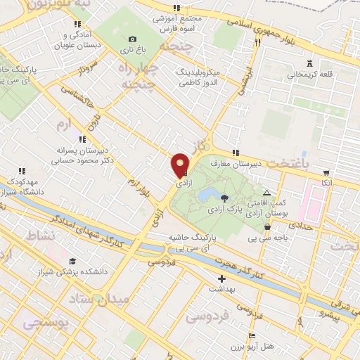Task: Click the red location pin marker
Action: click(x=180, y=167)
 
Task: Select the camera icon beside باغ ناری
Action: click(x=132, y=39)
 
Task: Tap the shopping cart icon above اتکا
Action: click(x=326, y=172)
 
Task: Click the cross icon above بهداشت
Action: click(x=222, y=278)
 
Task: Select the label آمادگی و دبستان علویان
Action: click(x=84, y=39)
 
